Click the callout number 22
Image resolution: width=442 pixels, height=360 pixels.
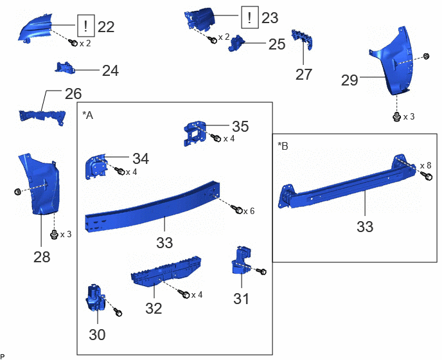(106, 27)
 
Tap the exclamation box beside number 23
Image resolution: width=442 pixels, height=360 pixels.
(250, 17)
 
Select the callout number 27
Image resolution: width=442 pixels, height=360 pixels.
(304, 75)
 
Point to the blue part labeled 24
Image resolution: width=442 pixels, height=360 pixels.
(65, 68)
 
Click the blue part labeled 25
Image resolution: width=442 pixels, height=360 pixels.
(237, 44)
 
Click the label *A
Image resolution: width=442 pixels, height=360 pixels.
(87, 115)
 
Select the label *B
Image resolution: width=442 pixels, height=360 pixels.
(283, 146)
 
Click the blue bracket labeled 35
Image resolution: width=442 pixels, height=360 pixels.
(195, 133)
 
